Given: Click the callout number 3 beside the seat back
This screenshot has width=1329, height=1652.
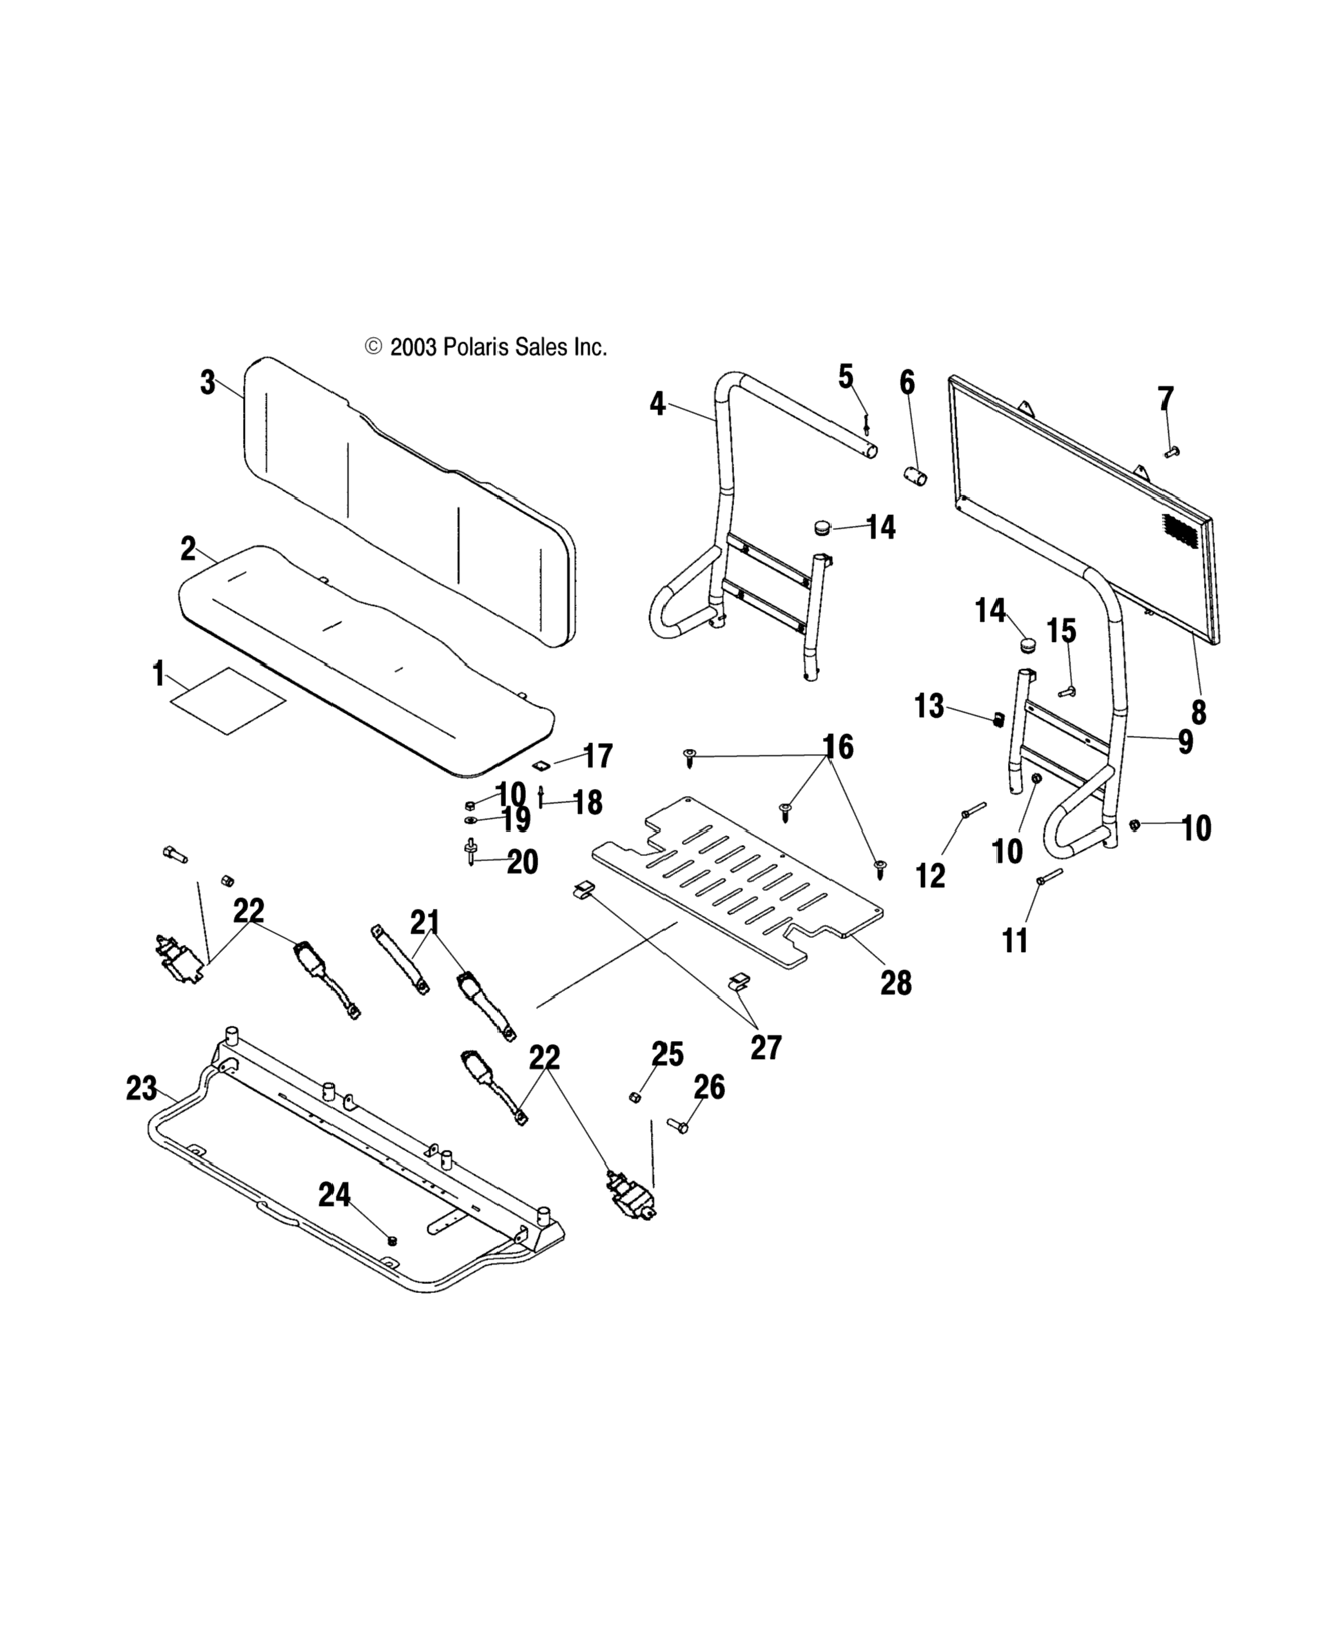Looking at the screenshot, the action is [x=208, y=382].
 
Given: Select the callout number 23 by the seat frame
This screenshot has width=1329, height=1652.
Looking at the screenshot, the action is [x=142, y=1088].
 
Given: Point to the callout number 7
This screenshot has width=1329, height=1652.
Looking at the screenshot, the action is [x=1165, y=399].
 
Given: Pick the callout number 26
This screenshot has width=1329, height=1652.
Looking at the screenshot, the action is [x=710, y=1087].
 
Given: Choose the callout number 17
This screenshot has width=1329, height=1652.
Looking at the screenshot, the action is [x=598, y=756].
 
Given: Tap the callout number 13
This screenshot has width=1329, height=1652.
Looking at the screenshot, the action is [x=929, y=706].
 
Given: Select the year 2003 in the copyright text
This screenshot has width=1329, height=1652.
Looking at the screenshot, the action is [x=414, y=348].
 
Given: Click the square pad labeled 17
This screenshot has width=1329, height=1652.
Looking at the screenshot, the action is [x=541, y=764].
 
